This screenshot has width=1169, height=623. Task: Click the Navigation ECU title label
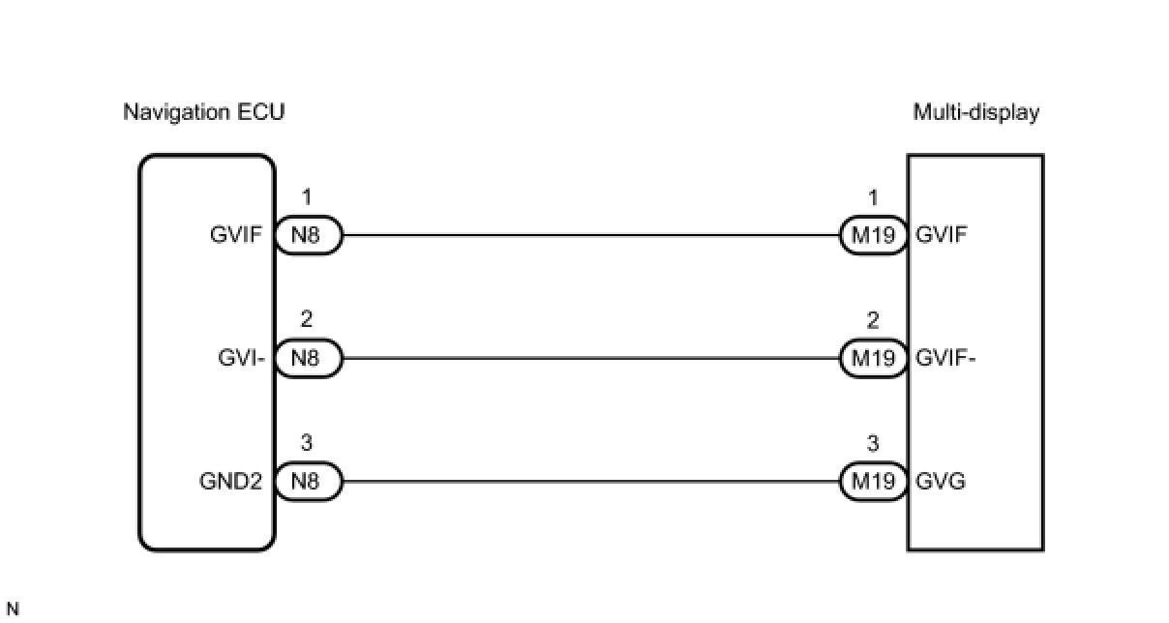(203, 112)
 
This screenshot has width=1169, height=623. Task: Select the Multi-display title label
(975, 112)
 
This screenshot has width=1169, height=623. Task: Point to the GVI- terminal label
(242, 358)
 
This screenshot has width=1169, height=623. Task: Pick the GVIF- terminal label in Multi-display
(945, 358)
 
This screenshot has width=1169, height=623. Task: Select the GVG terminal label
(940, 482)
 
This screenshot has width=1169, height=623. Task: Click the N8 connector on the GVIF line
(308, 234)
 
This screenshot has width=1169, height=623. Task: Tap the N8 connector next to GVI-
(308, 358)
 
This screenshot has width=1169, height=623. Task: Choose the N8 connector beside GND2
(308, 482)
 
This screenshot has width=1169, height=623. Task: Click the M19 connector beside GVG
(873, 482)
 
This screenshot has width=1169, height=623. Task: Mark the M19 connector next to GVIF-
(873, 358)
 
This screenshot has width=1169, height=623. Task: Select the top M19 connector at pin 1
(873, 234)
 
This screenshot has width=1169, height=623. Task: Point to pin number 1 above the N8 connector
(307, 198)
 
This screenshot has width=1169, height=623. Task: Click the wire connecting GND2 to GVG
(590, 482)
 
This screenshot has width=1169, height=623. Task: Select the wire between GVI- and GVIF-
(590, 358)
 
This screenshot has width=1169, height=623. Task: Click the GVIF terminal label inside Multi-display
(940, 234)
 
